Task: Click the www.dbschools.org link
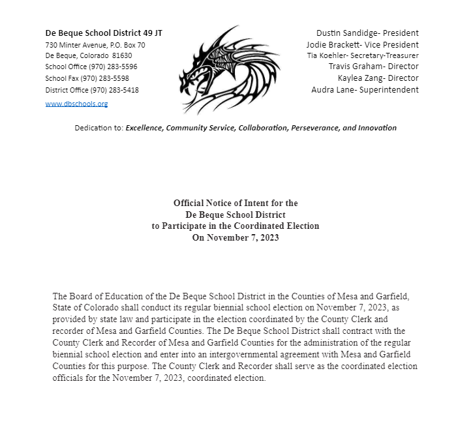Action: click(76, 104)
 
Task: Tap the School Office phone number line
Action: click(91, 67)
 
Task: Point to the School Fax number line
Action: click(87, 78)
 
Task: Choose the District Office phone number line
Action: click(92, 90)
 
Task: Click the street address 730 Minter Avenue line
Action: click(95, 45)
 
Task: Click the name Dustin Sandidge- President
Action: click(367, 33)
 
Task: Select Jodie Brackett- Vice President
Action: click(363, 44)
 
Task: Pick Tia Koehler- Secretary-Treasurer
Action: click(363, 55)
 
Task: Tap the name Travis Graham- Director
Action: click(373, 67)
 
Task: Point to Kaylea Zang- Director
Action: click(378, 78)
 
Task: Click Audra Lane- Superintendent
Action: click(365, 89)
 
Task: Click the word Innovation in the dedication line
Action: click(373, 128)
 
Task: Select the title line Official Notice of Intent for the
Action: click(235, 203)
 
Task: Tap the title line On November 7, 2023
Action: click(235, 237)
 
